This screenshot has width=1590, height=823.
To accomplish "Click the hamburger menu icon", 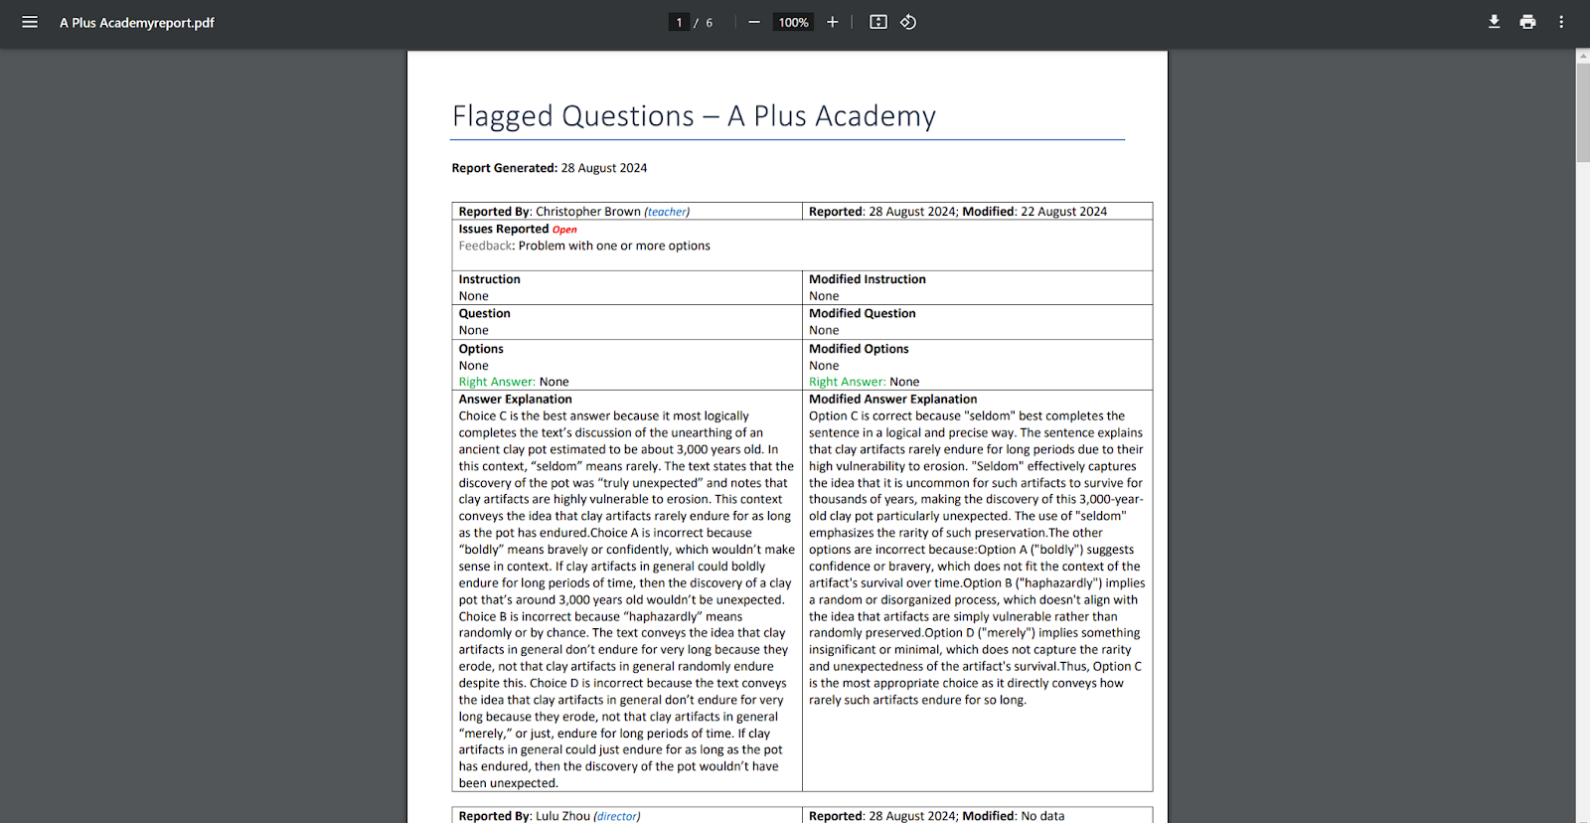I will (30, 22).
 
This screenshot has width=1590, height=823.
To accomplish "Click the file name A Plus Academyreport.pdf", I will (137, 23).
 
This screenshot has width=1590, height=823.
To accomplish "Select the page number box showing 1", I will (680, 23).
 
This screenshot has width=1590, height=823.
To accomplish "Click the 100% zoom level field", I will (793, 23).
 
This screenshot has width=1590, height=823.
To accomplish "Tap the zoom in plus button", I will (833, 22).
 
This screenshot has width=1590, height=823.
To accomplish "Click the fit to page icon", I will (878, 22).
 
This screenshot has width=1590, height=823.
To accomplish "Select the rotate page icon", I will (908, 22).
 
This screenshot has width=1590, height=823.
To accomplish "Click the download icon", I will (1494, 22).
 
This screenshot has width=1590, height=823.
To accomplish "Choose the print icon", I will (1527, 22).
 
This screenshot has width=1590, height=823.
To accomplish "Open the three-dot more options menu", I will (1561, 22).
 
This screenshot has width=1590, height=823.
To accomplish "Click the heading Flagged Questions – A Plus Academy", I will (694, 116).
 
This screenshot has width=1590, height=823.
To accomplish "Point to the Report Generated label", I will (504, 168).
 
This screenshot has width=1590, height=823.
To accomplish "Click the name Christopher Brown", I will (588, 212).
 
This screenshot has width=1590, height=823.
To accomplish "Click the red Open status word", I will (564, 230).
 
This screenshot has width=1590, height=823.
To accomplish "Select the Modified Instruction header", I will (867, 279).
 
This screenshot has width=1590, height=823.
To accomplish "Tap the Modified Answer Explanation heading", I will (892, 400).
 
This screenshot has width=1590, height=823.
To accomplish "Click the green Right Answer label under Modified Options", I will (847, 382).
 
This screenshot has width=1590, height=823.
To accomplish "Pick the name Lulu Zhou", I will (562, 816).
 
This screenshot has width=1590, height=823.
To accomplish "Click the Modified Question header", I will (862, 313).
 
